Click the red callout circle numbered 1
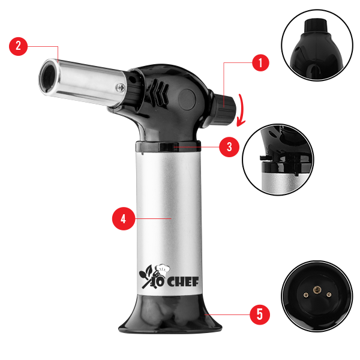pos(260,62)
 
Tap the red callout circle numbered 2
pos(18,46)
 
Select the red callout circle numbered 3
pos(229,147)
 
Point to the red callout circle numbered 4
pos(124,218)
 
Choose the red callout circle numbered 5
pos(260,314)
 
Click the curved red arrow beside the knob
pos(241,110)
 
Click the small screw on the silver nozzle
pos(120,88)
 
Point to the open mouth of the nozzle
pos(49,77)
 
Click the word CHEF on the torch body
pos(182,282)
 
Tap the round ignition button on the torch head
pos(187,100)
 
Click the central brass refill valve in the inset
pos(317,290)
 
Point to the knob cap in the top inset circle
pos(316,26)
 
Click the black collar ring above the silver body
pos(168,146)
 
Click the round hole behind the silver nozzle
pos(133,79)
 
